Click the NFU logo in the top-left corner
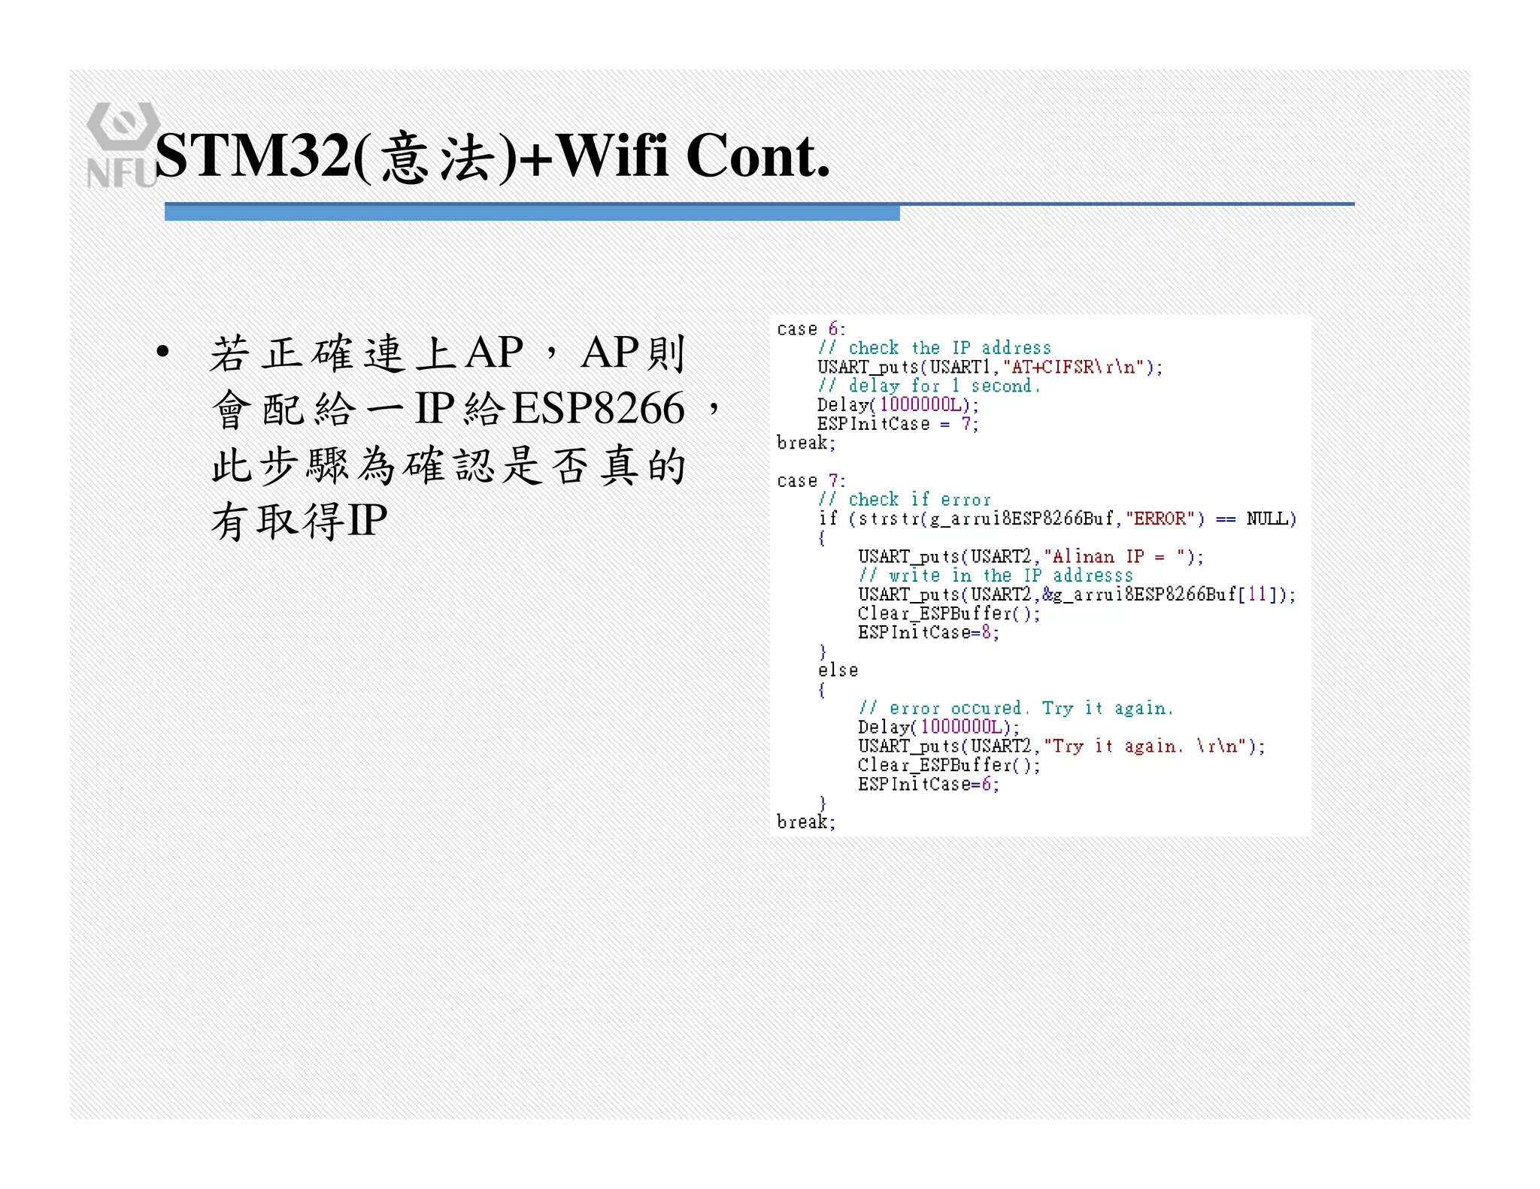click(122, 144)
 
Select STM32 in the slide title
click(253, 156)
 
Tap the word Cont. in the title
click(757, 156)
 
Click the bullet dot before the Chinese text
click(162, 352)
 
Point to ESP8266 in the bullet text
click(599, 408)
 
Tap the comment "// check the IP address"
click(935, 348)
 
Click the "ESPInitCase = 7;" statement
click(898, 424)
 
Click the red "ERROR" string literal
click(1160, 519)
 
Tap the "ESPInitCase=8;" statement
click(929, 633)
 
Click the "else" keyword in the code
click(838, 670)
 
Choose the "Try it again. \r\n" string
click(1146, 746)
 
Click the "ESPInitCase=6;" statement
click(929, 785)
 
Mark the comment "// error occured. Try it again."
click(1016, 709)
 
